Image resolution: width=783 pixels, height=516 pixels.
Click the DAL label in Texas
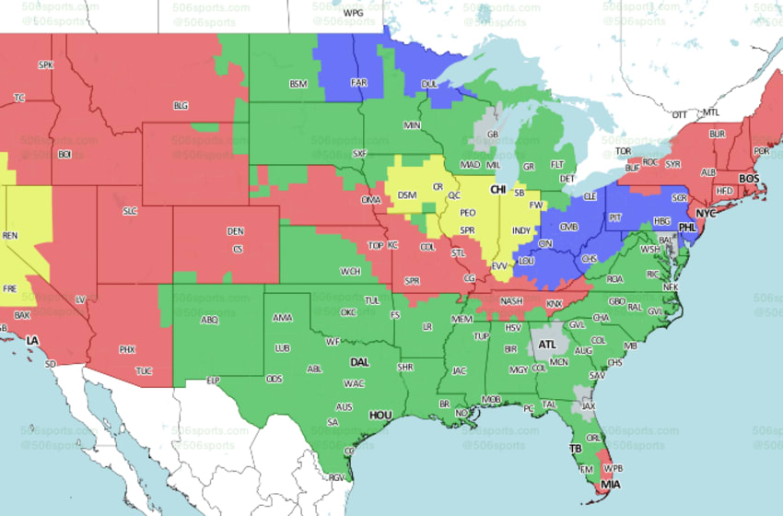(x=359, y=362)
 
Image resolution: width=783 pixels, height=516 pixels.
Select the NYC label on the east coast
(x=706, y=214)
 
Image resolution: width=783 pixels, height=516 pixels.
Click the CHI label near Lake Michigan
(x=498, y=189)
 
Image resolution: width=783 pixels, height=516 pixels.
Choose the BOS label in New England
(x=749, y=178)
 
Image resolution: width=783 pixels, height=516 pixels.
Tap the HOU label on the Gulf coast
(x=380, y=416)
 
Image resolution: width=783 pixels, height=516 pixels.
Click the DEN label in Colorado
(x=236, y=230)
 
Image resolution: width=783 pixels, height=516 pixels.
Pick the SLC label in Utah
(x=130, y=211)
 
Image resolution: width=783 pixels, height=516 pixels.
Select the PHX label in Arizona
(x=127, y=349)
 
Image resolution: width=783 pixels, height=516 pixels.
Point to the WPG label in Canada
(x=353, y=14)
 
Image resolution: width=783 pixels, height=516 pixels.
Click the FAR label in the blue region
(x=359, y=82)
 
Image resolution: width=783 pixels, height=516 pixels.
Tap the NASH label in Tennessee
(x=511, y=301)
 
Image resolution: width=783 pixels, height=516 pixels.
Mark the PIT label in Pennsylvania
(x=614, y=217)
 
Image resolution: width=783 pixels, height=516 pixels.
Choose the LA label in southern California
(x=32, y=341)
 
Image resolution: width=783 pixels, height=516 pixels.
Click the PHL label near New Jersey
(x=685, y=226)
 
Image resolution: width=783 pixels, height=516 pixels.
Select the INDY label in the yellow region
(x=521, y=230)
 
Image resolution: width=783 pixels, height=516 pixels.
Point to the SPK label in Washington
(x=45, y=64)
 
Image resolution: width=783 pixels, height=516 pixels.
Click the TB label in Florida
(x=576, y=450)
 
